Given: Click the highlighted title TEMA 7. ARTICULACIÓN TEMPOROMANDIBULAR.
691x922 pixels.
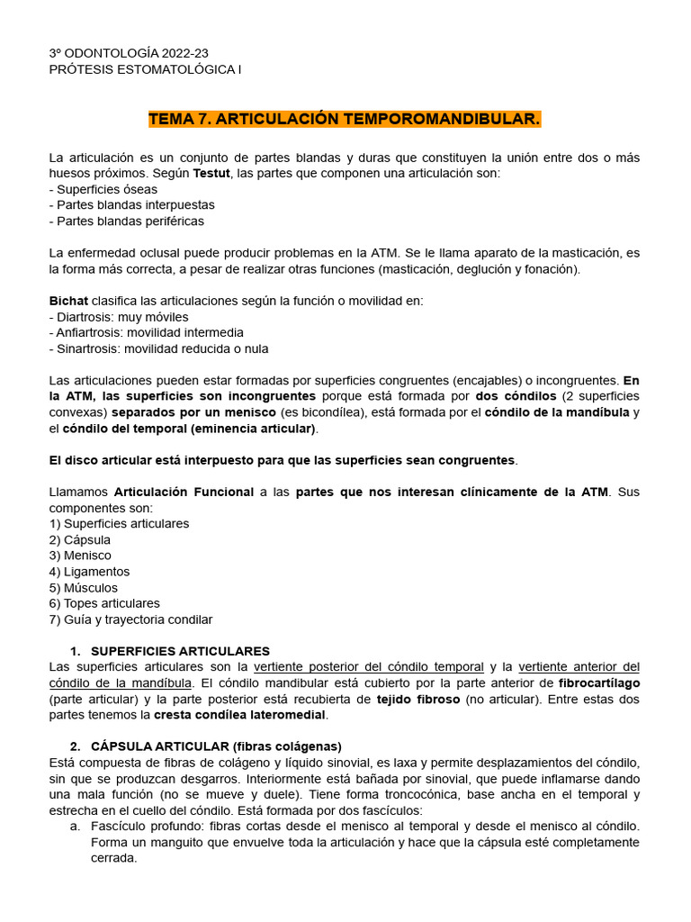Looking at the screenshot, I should click(x=345, y=119).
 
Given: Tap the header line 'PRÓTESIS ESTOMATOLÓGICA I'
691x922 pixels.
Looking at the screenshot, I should click(x=145, y=69).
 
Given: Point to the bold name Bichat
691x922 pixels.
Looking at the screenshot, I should click(x=68, y=301).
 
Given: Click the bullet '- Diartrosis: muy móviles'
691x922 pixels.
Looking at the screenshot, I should click(x=118, y=317).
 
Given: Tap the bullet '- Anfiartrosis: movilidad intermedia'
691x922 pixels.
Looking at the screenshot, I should click(x=146, y=332).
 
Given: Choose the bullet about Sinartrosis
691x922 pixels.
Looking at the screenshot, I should click(x=158, y=348).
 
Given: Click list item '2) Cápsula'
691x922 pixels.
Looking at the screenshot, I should click(x=80, y=539).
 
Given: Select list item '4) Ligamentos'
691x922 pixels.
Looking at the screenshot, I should click(x=89, y=572).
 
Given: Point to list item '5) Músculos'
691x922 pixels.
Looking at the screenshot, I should click(x=84, y=587).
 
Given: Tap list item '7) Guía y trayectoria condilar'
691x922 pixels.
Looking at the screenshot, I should click(x=130, y=619).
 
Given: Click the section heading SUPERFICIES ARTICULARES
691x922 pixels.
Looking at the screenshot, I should click(x=180, y=651).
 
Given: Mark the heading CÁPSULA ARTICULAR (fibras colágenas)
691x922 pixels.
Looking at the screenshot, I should click(x=216, y=746).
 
